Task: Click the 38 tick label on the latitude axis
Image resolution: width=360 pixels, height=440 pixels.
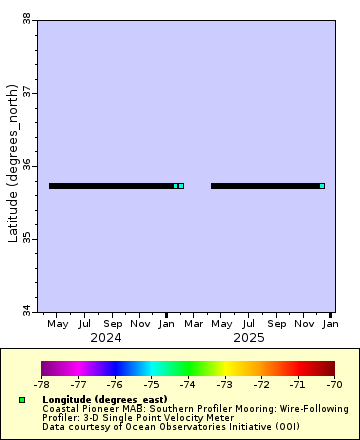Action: pos(26,18)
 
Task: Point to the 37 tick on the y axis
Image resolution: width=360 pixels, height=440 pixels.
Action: pos(26,92)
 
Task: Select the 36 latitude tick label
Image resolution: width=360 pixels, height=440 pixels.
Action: pos(26,165)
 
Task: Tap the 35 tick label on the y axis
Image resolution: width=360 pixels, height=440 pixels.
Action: pos(26,238)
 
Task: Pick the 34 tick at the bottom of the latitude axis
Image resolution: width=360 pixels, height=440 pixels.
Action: pos(26,311)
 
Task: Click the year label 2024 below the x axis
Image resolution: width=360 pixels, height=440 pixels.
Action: pos(106,338)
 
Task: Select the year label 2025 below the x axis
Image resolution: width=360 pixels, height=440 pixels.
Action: pos(249,338)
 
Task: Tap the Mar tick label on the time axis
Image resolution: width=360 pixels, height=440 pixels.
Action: pos(195,324)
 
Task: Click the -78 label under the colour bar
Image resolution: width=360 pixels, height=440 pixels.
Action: pos(42,383)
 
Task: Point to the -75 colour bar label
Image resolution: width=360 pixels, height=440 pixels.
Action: pos(151,383)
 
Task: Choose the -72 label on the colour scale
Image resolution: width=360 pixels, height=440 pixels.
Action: pos(261,383)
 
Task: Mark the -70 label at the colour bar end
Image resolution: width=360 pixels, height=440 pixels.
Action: pos(334,383)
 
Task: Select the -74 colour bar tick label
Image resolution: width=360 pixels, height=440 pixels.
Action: pos(188,383)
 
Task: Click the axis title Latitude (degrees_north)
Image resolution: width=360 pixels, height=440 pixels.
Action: pos(13,165)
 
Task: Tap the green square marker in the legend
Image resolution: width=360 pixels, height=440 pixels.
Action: pos(21,400)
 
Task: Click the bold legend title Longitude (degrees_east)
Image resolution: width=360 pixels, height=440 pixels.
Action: pos(105,399)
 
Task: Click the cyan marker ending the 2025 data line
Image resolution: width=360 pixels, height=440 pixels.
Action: pos(322,186)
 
